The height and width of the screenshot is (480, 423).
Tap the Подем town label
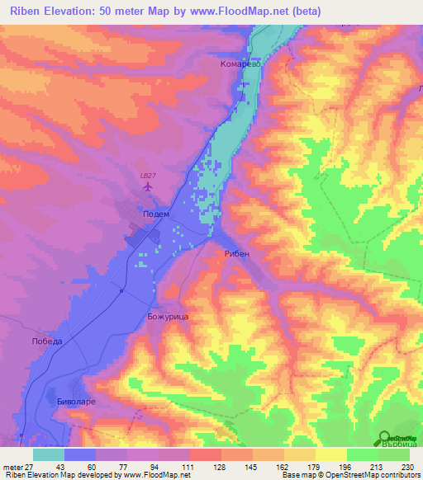click(156, 214)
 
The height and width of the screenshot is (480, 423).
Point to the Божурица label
click(170, 316)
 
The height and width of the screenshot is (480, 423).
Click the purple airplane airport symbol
click(148, 187)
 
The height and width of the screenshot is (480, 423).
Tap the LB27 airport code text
click(148, 174)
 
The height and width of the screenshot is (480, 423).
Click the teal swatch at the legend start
click(49, 454)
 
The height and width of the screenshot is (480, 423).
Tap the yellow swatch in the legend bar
click(330, 454)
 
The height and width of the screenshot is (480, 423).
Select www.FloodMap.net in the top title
click(247, 11)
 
